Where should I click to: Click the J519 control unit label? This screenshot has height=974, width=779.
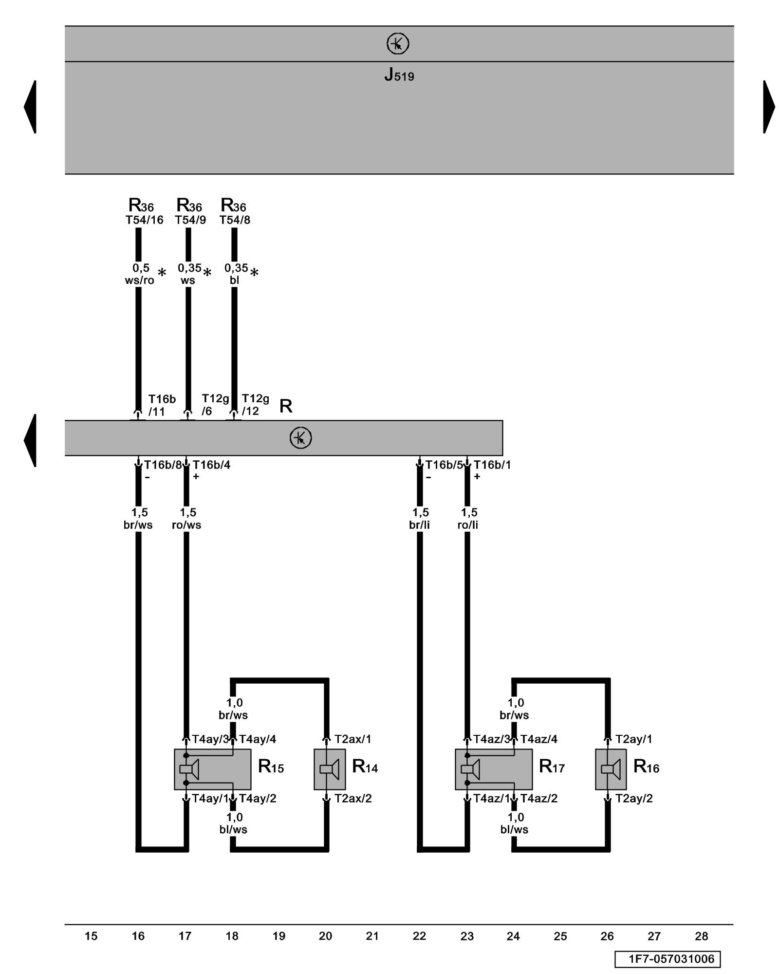coord(399,75)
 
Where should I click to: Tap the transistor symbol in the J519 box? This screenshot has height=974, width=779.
coord(398,44)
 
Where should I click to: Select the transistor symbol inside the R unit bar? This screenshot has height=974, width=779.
coord(300,438)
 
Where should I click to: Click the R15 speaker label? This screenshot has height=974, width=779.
coord(271,767)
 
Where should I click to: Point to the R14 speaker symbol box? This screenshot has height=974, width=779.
coord(330,769)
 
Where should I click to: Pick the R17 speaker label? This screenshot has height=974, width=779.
coord(552,767)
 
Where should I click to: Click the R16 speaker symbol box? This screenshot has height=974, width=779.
coord(611,769)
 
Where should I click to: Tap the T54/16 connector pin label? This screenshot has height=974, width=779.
coord(144,220)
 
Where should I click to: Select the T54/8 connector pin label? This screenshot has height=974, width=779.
coord(235,220)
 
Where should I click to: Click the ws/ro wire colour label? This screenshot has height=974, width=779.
coord(139,281)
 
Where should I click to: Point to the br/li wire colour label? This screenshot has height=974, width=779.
coord(419,525)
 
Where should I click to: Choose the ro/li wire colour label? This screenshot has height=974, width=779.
coord(468,525)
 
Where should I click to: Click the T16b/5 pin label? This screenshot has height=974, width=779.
coord(444,465)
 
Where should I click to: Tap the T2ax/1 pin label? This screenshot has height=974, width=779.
coord(352,739)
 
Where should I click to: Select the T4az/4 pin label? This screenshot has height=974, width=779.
coord(538,739)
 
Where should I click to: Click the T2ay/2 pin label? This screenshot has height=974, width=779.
coord(633,799)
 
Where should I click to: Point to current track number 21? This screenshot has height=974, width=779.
coord(372,936)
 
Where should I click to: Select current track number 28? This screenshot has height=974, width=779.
coord(701,936)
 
